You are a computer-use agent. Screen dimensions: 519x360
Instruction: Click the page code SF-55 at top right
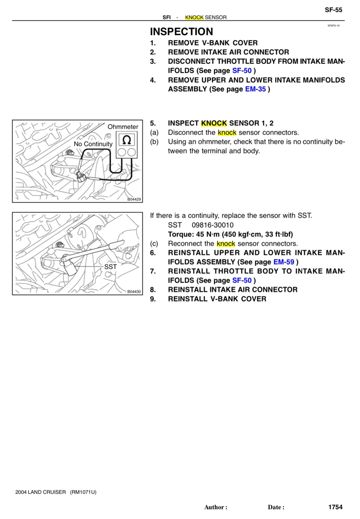(333, 10)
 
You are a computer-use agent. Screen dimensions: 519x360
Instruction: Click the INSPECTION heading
(181, 32)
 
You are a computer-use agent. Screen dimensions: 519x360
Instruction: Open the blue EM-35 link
(255, 89)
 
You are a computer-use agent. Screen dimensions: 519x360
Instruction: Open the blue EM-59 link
(283, 262)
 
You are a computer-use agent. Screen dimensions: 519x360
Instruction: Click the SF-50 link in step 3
(242, 71)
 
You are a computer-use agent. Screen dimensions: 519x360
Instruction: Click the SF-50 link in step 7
(242, 280)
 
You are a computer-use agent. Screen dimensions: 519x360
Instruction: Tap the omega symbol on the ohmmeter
(126, 140)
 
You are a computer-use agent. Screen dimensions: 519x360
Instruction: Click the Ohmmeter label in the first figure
(123, 127)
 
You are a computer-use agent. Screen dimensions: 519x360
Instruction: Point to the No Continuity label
(93, 144)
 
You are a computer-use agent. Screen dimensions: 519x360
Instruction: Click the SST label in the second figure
(110, 267)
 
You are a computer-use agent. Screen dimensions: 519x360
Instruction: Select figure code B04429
(134, 199)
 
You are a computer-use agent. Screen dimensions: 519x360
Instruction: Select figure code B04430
(134, 291)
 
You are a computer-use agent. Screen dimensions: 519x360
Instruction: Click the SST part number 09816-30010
(212, 225)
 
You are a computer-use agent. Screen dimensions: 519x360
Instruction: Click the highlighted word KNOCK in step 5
(214, 123)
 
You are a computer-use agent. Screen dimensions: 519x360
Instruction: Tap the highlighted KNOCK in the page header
(194, 18)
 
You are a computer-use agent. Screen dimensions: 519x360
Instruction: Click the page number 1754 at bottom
(335, 507)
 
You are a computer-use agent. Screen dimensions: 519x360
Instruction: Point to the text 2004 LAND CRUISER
(41, 492)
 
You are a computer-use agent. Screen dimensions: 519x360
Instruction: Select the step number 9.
(153, 299)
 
